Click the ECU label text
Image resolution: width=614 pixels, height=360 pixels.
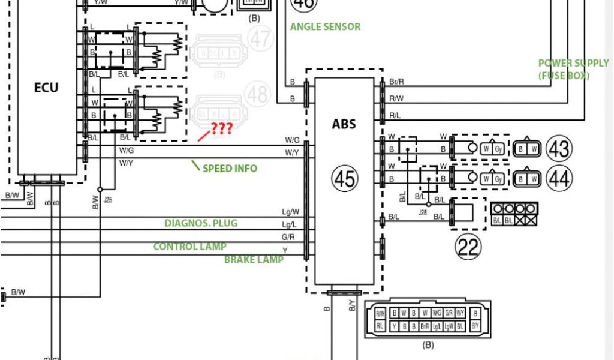click(46, 88)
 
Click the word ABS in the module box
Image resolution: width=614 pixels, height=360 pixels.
click(344, 124)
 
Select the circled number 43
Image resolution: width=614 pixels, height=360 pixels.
click(558, 148)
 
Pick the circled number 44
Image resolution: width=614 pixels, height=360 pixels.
click(558, 178)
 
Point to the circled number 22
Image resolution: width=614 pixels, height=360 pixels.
click(468, 246)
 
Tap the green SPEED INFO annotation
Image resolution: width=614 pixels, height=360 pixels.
click(230, 169)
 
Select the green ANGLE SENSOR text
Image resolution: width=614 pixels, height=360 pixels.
click(325, 27)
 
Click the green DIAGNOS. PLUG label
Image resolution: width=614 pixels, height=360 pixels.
click(201, 224)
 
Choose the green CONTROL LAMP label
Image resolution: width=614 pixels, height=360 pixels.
click(189, 247)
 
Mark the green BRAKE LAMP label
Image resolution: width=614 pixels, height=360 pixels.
click(254, 260)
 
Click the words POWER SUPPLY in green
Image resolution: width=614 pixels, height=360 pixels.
click(573, 63)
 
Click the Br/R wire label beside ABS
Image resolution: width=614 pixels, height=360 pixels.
click(396, 82)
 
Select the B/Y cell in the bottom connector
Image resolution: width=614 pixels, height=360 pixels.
click(475, 326)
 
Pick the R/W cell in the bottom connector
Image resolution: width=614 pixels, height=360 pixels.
click(380, 313)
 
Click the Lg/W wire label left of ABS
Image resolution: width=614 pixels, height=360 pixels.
click(290, 212)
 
